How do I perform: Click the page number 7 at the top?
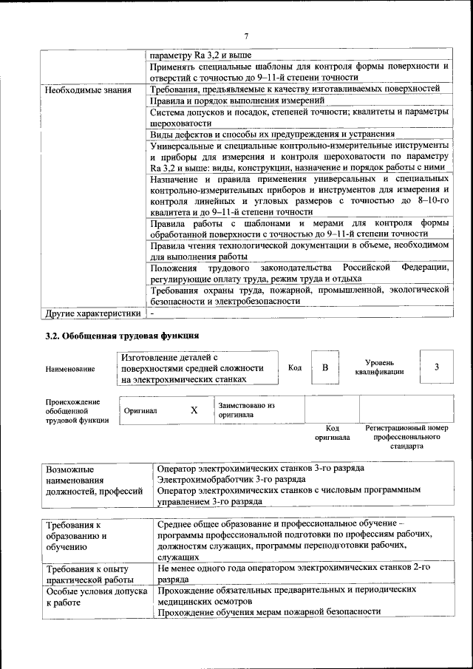[246, 36]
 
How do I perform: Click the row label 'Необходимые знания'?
[88, 90]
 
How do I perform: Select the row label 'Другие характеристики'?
[92, 313]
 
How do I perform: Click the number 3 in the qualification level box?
[437, 367]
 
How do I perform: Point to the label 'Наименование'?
[69, 368]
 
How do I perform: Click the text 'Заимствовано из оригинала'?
[246, 410]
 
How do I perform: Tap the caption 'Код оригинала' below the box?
[332, 432]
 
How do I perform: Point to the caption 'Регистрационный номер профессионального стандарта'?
[406, 437]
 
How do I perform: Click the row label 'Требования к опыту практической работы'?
[87, 575]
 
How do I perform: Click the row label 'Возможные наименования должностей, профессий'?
[94, 480]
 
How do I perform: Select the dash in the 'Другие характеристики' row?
[152, 313]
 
